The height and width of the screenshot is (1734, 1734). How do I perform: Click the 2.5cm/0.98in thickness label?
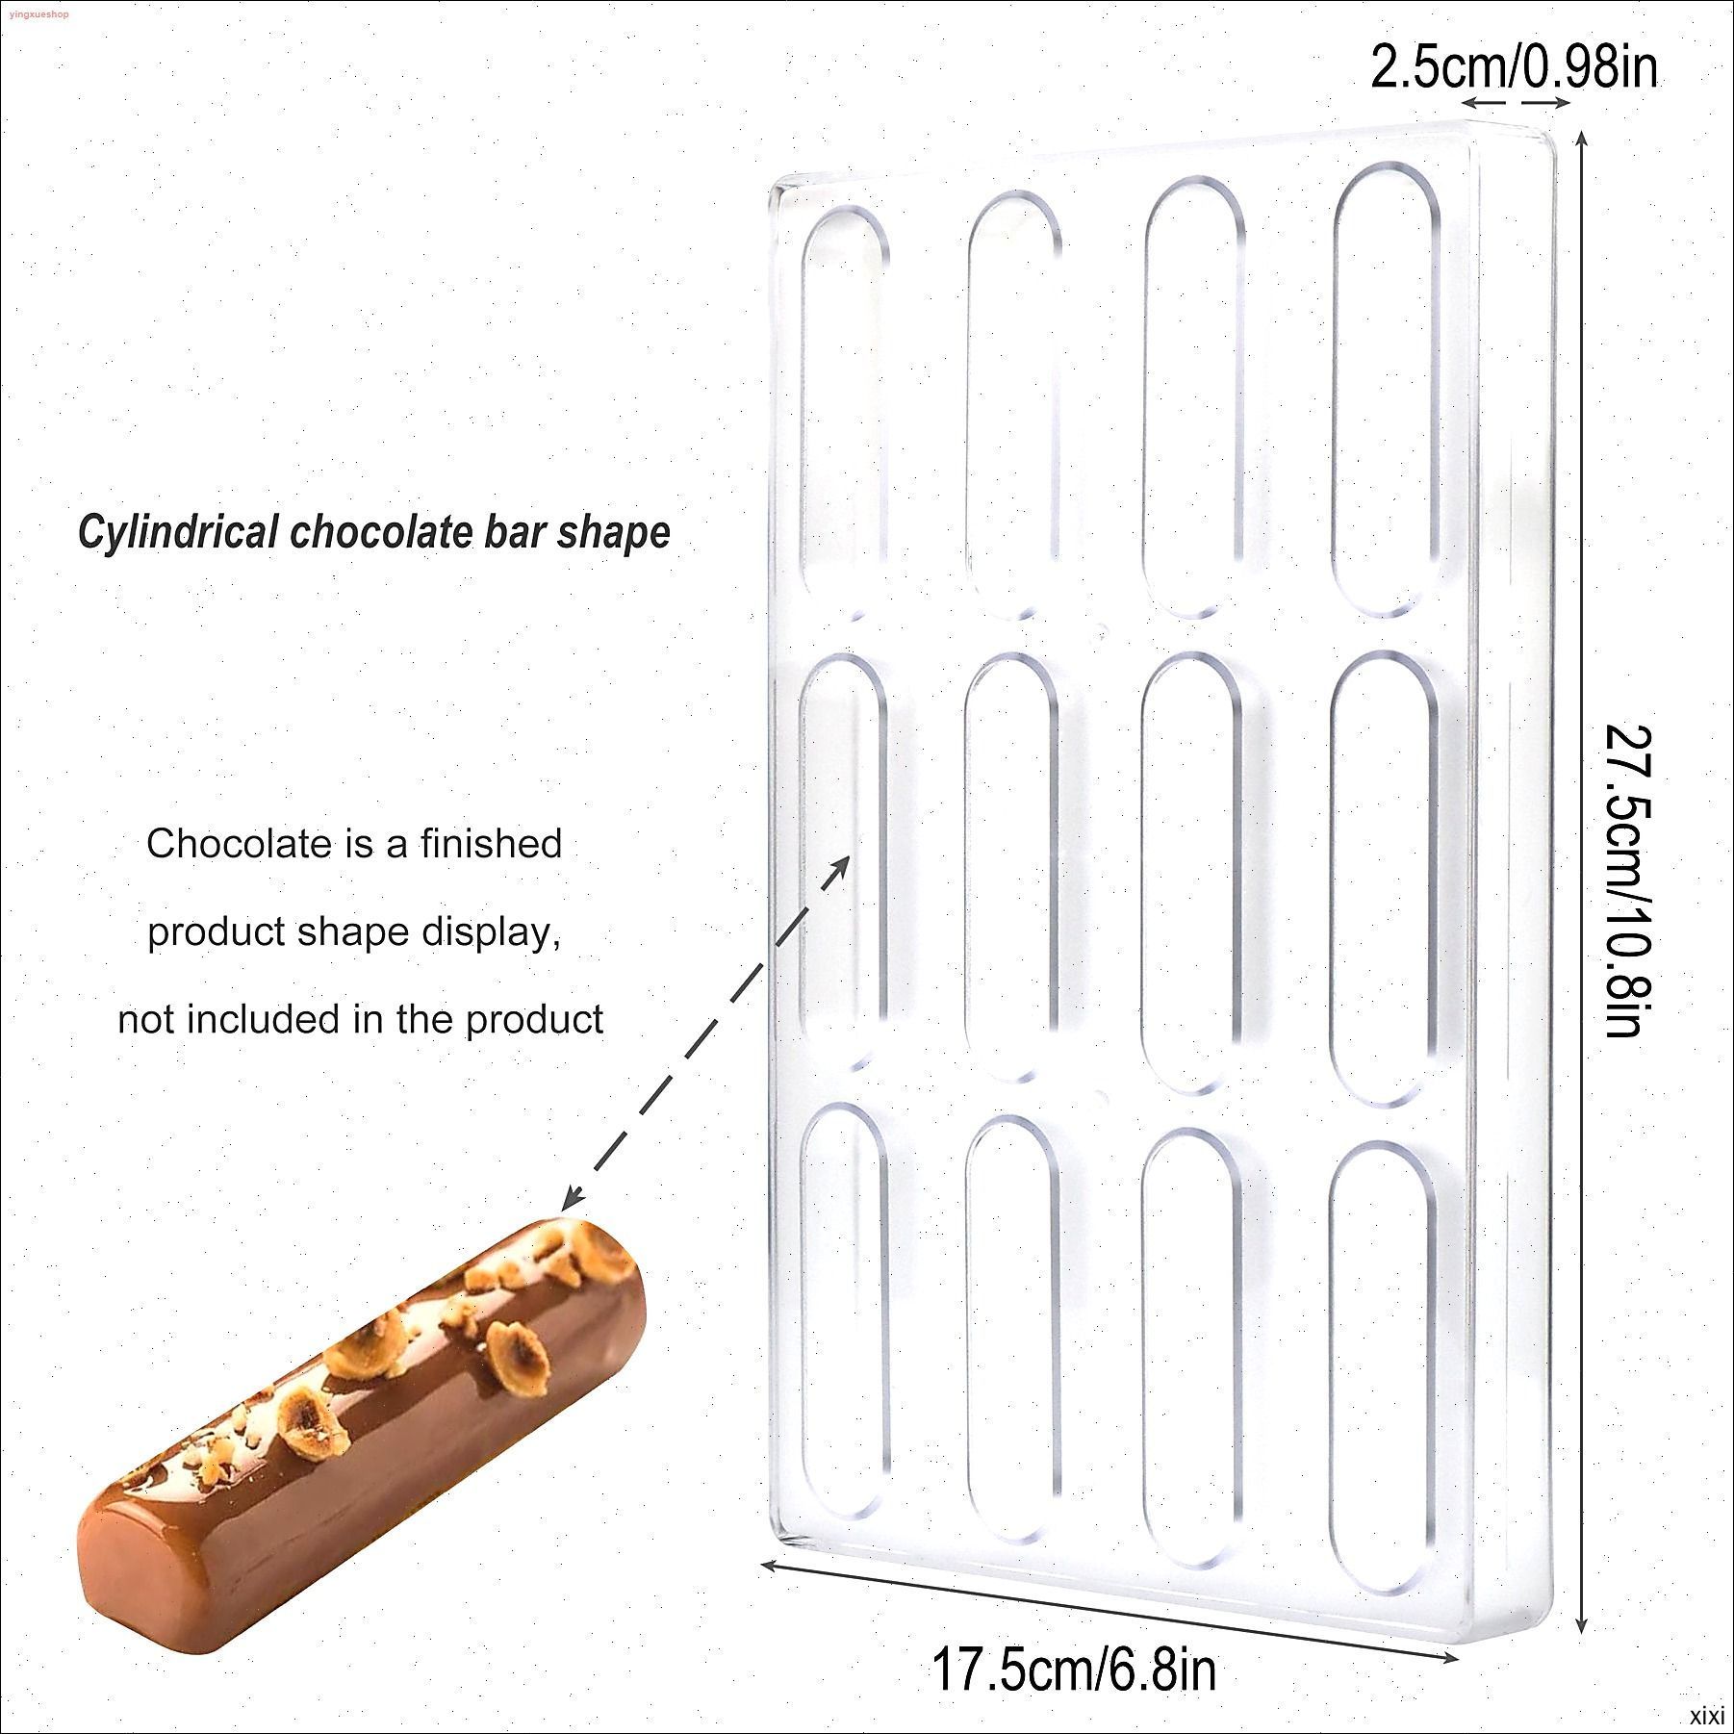[1515, 68]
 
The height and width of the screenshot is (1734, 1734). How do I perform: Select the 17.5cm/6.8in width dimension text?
[1073, 1670]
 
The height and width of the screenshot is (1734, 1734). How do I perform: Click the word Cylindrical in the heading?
[178, 532]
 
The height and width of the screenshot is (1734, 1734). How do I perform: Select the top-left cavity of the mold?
[845, 412]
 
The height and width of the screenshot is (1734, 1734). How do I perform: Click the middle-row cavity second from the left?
[1010, 867]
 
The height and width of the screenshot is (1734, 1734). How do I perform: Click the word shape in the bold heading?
[613, 532]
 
